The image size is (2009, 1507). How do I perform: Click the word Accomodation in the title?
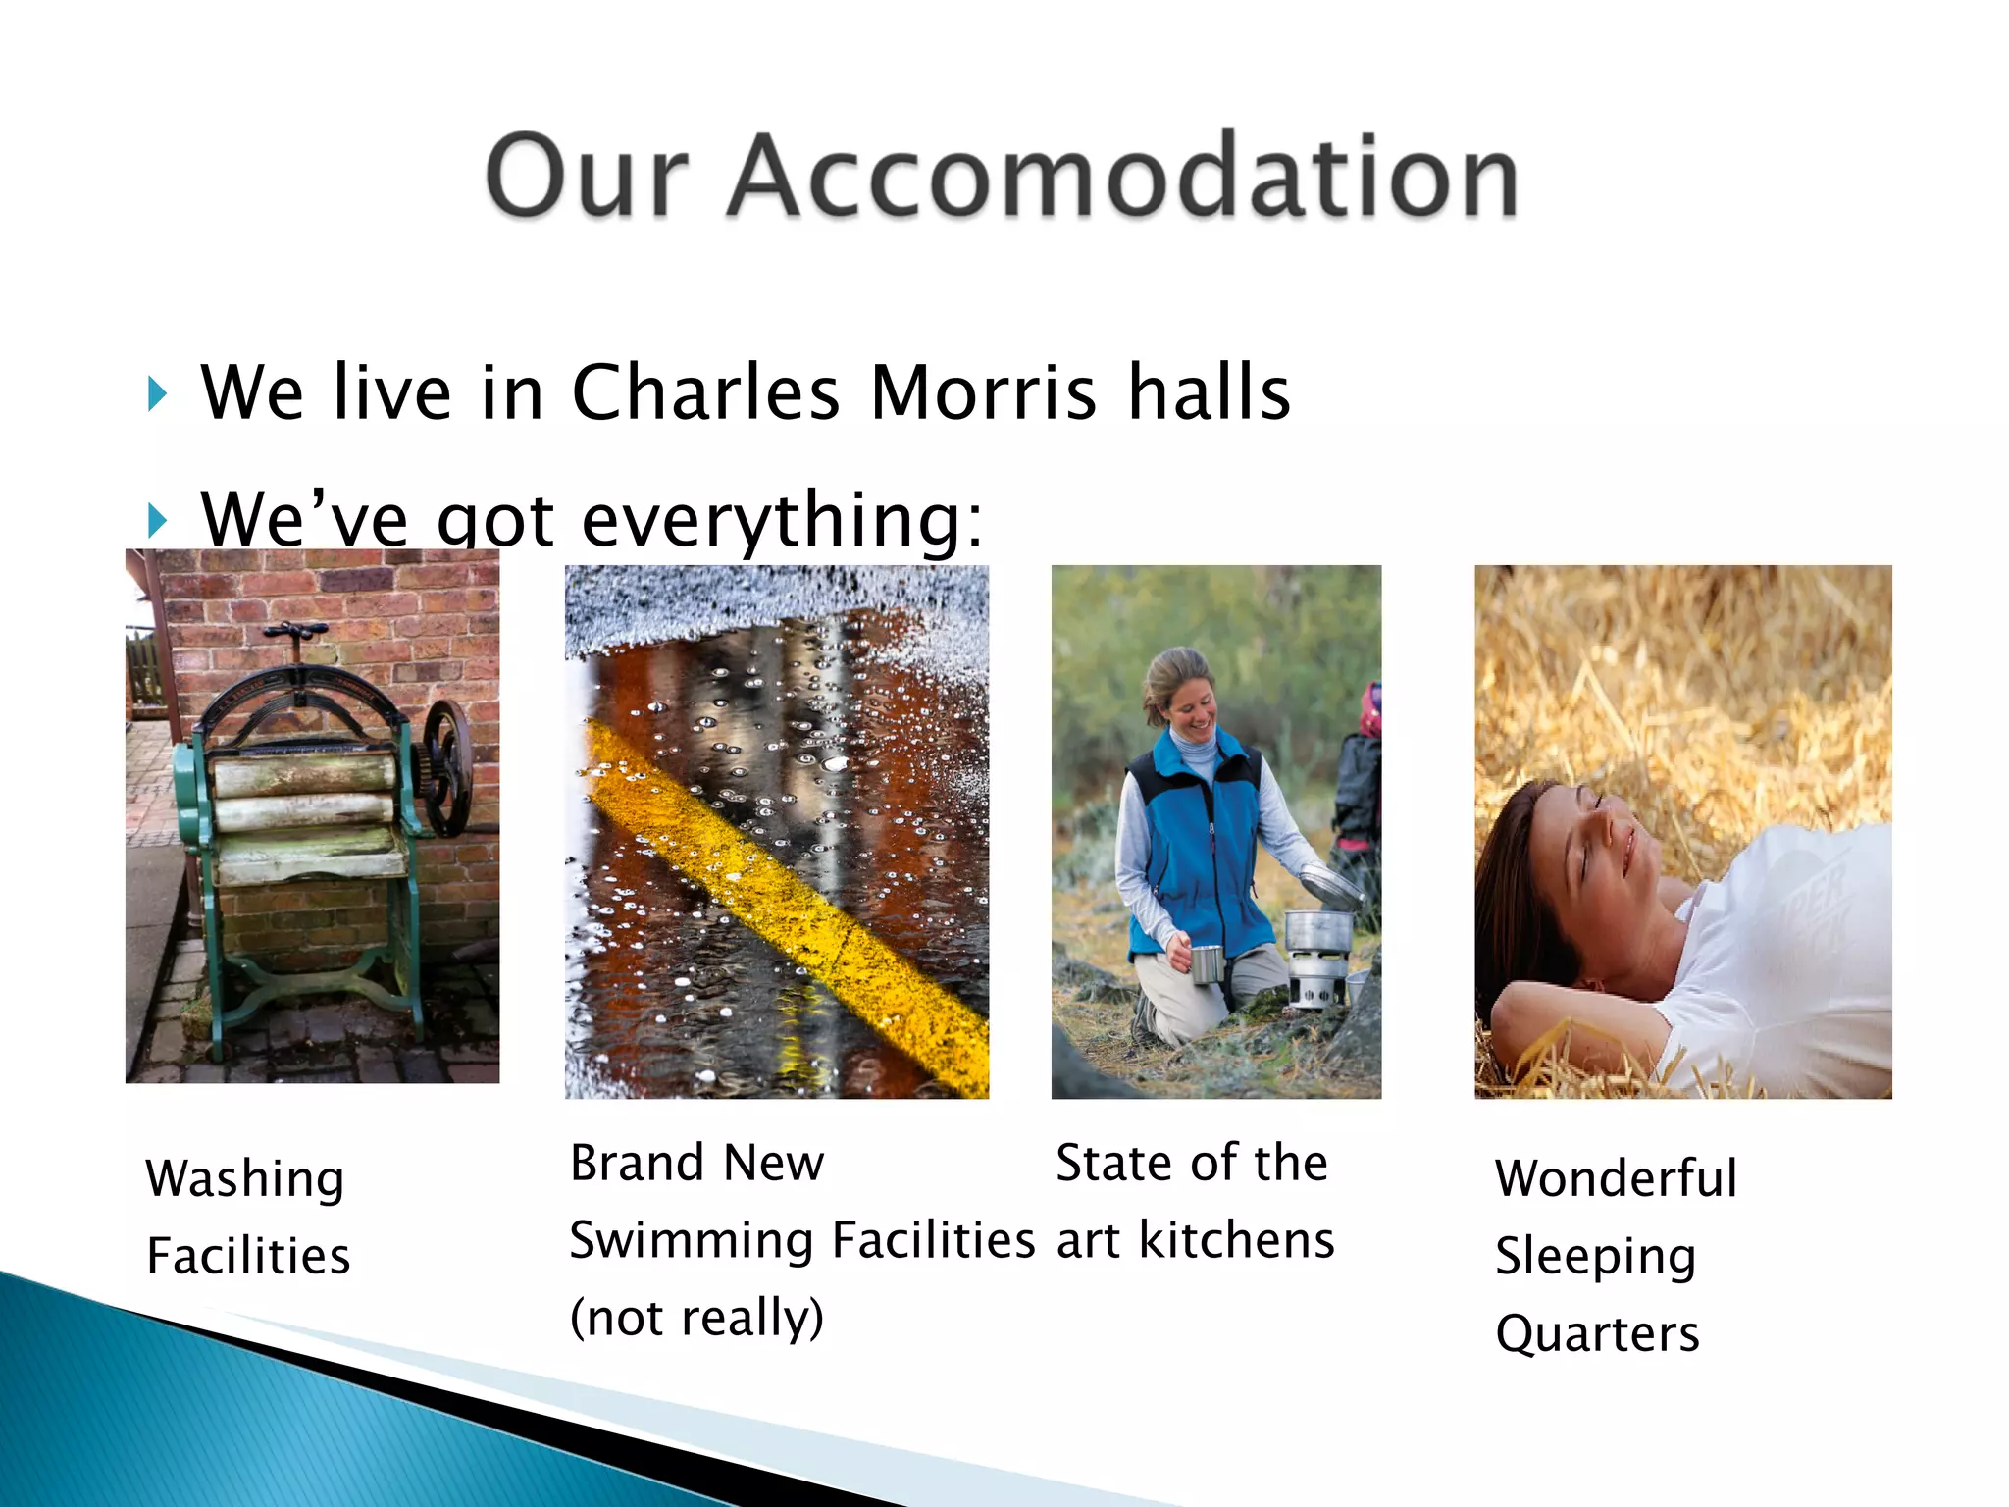pos(1123,177)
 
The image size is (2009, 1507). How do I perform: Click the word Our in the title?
pos(586,177)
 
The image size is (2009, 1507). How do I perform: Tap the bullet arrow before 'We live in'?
pos(158,393)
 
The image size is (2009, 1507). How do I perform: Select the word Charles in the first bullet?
pos(705,393)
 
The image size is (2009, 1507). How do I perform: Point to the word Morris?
pos(983,393)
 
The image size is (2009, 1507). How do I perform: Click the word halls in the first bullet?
pos(1209,393)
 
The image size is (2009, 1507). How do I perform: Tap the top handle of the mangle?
pos(299,630)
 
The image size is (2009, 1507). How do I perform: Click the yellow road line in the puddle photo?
pos(785,903)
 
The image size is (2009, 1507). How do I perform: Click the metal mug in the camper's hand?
pos(1207,963)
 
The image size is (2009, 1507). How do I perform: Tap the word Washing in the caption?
pos(245,1179)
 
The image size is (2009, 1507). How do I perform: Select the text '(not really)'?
pos(696,1318)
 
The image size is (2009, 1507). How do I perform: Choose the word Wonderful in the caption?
pos(1616,1179)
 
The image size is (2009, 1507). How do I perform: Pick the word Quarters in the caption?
pos(1597,1334)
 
